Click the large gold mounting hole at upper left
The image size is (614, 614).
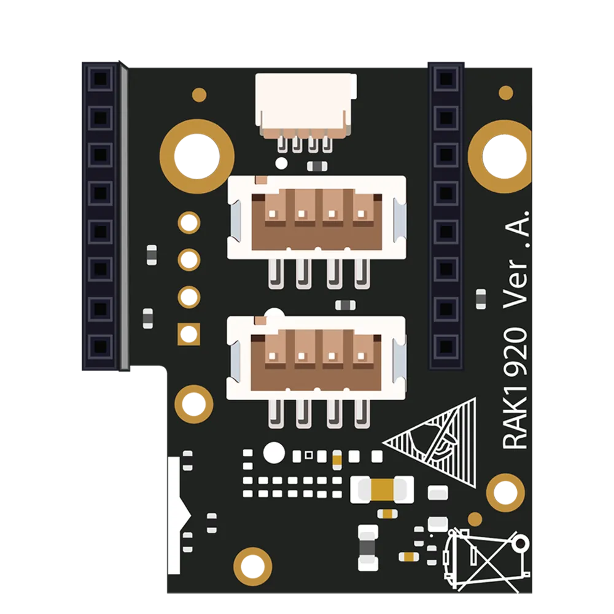(197, 157)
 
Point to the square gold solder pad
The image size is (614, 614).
(188, 334)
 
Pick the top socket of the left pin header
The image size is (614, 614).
(100, 79)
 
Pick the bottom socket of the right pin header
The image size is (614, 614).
(446, 346)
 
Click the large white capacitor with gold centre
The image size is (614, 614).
(382, 489)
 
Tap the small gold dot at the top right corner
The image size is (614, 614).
(506, 93)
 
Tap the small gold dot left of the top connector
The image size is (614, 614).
(200, 95)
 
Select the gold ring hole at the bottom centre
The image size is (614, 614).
(252, 566)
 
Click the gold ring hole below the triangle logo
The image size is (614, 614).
(505, 492)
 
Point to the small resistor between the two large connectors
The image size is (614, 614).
(345, 305)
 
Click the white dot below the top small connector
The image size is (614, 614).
(281, 163)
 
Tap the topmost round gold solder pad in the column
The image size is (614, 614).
(189, 223)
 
